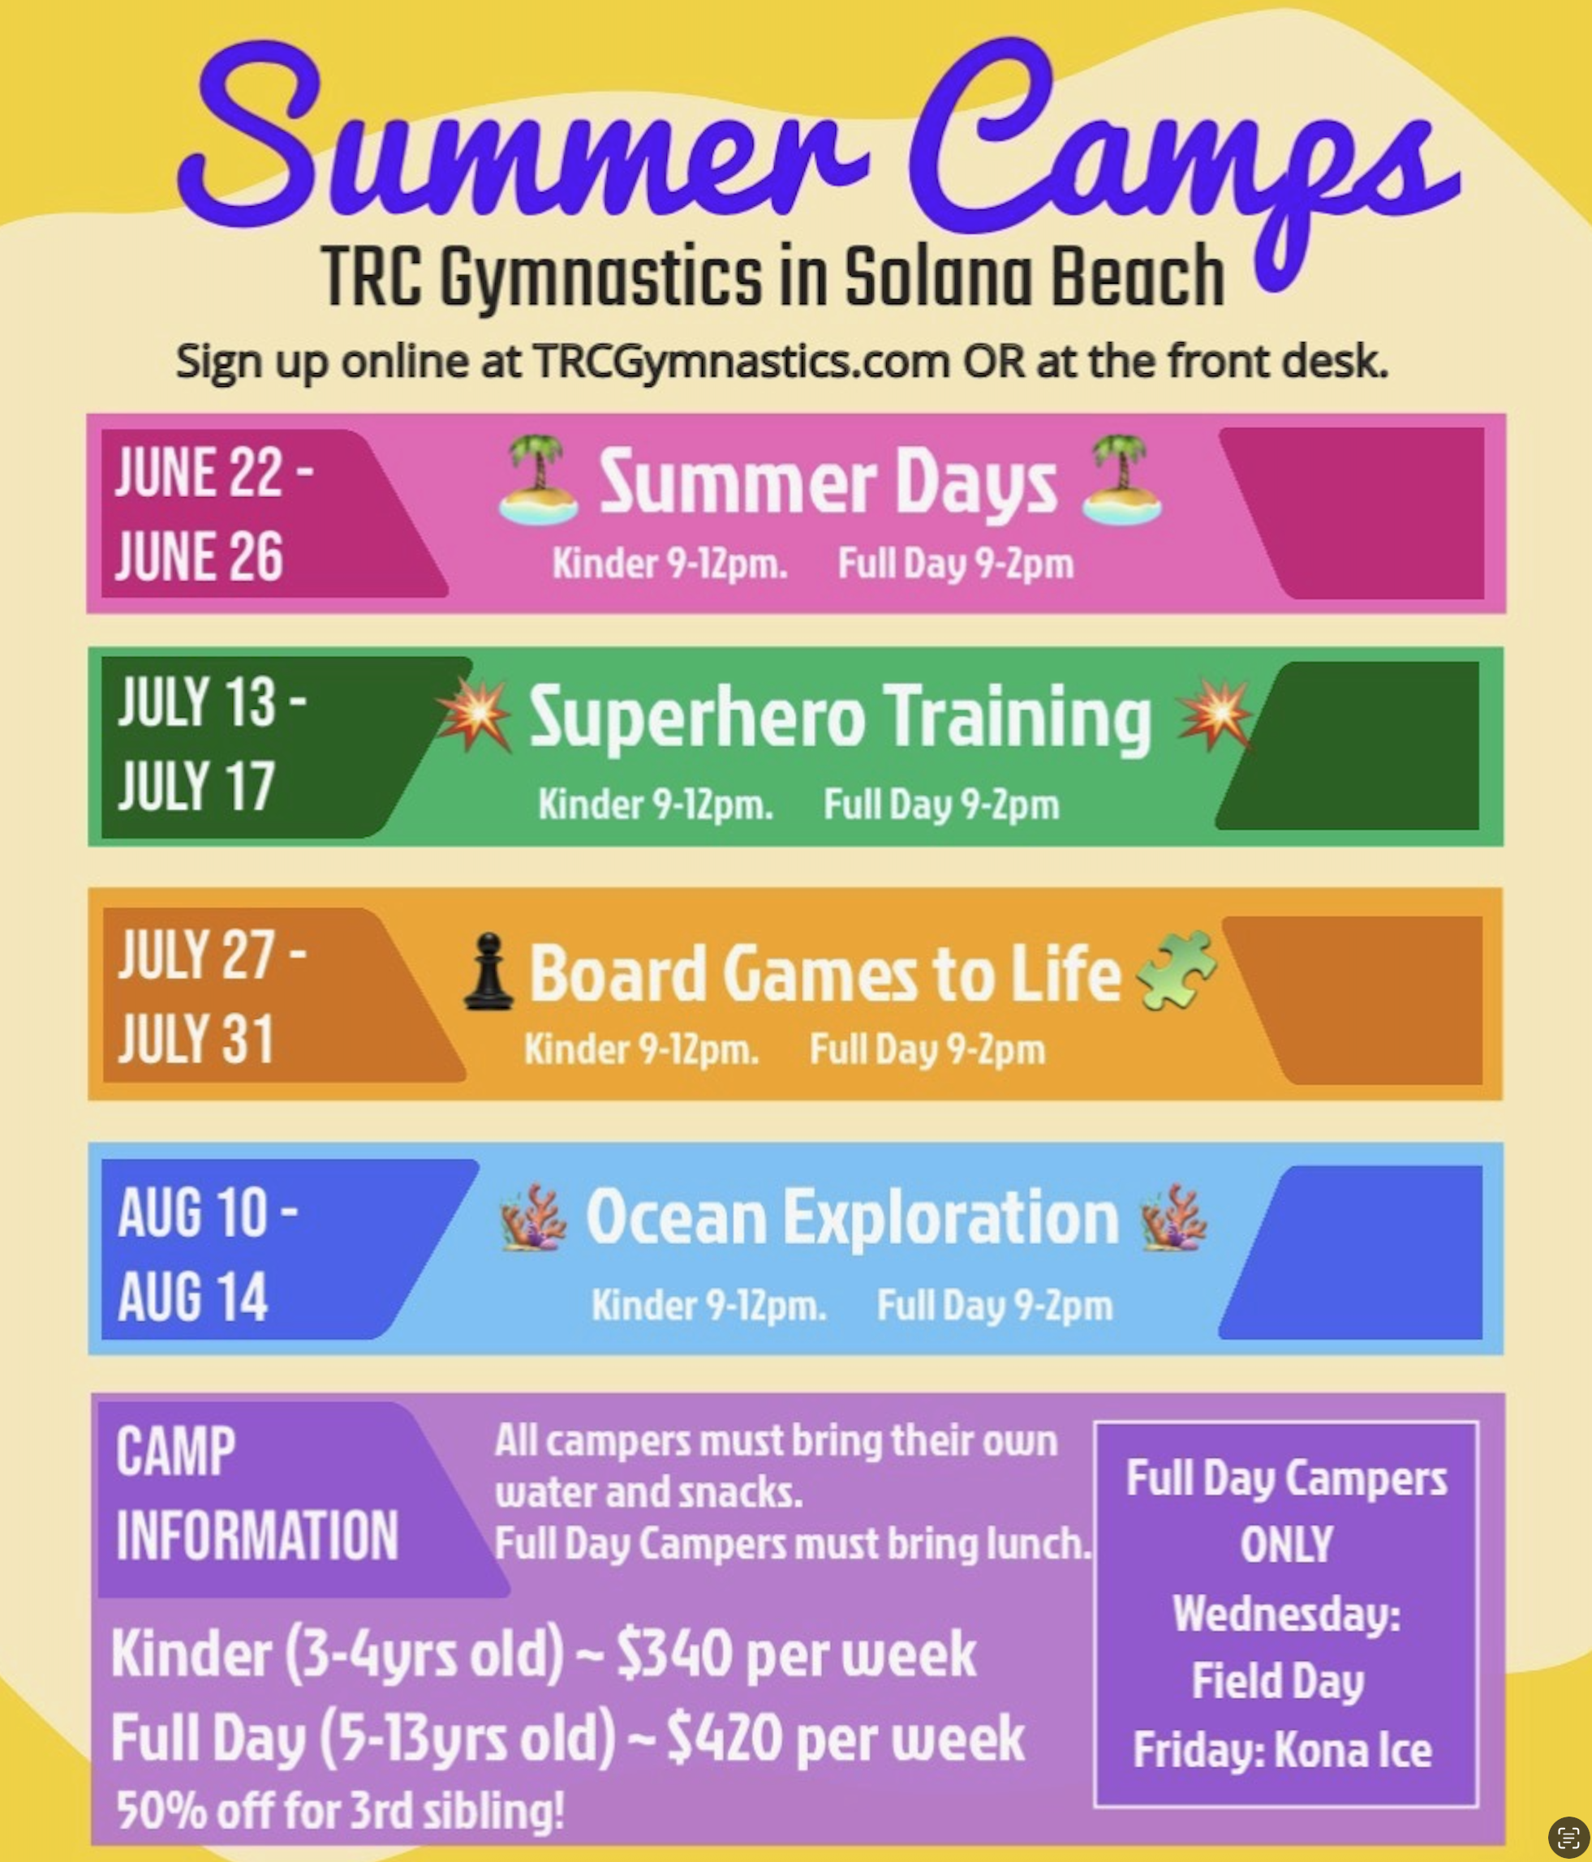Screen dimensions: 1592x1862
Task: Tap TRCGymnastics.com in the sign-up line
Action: click(742, 361)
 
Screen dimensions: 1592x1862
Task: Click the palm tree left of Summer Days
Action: click(537, 480)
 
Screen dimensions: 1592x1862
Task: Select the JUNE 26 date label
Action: click(199, 556)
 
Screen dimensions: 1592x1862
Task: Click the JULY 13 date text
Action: click(196, 701)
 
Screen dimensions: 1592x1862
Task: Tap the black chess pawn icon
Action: click(488, 972)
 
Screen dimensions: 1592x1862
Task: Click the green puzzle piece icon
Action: click(1177, 971)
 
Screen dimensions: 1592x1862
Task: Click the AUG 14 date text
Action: click(192, 1297)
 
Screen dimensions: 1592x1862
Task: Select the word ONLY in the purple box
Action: click(1286, 1544)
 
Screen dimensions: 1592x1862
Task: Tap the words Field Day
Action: click(1277, 1681)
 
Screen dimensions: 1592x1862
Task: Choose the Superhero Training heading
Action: click(840, 718)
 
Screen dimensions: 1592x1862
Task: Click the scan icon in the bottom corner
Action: click(1568, 1837)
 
